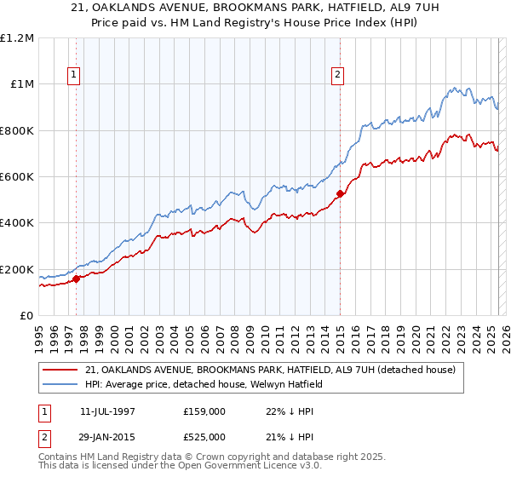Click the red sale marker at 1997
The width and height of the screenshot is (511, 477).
tap(76, 278)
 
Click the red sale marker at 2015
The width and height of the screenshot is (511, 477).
tap(340, 193)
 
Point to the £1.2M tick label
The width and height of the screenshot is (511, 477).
tap(17, 38)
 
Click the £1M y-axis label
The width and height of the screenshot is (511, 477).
tap(21, 84)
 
